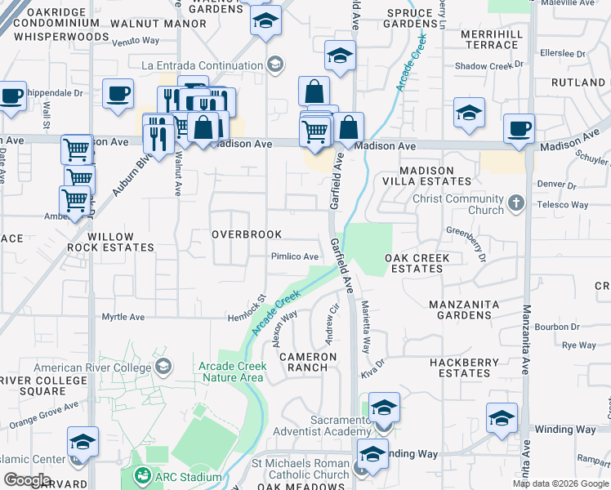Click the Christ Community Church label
click(x=458, y=204)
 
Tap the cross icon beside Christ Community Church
click(x=515, y=201)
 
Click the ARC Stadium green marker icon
click(x=143, y=476)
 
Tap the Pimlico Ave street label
click(x=294, y=256)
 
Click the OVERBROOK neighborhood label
click(x=247, y=234)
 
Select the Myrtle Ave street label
click(x=123, y=317)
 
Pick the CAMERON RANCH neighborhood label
click(x=308, y=362)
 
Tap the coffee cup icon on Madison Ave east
click(x=519, y=128)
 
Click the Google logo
click(x=26, y=480)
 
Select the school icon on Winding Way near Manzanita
click(x=502, y=417)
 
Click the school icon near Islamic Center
click(x=83, y=441)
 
